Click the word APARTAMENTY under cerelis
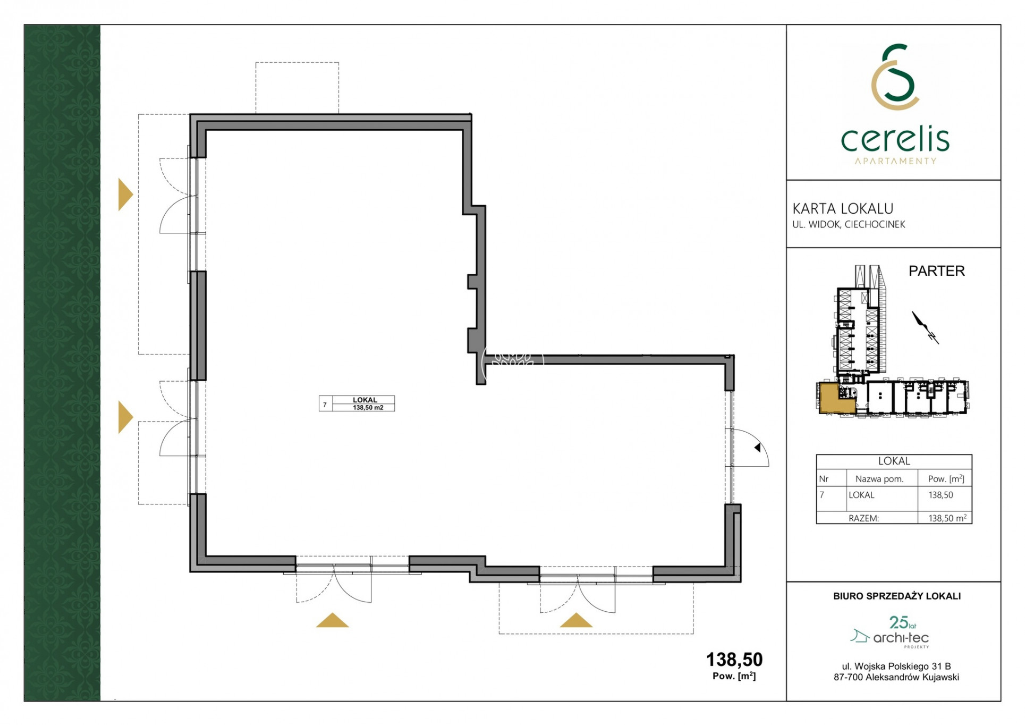pyautogui.click(x=895, y=161)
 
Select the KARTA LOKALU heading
pyautogui.click(x=843, y=208)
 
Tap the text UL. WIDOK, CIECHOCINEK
pyautogui.click(x=849, y=224)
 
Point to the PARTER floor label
pyautogui.click(x=936, y=271)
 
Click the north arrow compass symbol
pyautogui.click(x=925, y=327)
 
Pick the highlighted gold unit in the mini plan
pyautogui.click(x=836, y=398)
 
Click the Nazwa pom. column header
pyautogui.click(x=879, y=479)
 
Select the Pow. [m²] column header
pyautogui.click(x=946, y=479)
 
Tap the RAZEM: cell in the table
pyautogui.click(x=863, y=518)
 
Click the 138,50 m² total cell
pyautogui.click(x=947, y=518)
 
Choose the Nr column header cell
pyautogui.click(x=824, y=479)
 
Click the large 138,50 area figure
pyautogui.click(x=734, y=660)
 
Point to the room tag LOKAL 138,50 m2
pyautogui.click(x=357, y=403)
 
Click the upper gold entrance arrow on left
pyautogui.click(x=125, y=195)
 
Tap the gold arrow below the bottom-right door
pyautogui.click(x=576, y=620)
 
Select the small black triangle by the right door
pyautogui.click(x=758, y=448)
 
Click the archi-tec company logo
pyautogui.click(x=890, y=632)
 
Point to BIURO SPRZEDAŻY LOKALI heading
pyautogui.click(x=897, y=596)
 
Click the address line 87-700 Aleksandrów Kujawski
pyautogui.click(x=896, y=677)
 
